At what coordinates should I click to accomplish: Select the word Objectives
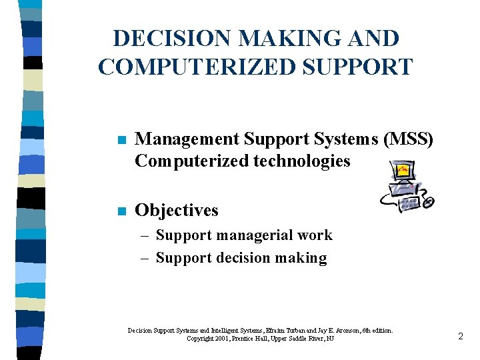177,210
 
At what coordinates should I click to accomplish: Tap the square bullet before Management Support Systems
120,140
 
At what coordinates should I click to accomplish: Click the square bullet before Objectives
120,211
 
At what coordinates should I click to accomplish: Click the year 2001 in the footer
226,339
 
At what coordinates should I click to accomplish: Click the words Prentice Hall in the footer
265,339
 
